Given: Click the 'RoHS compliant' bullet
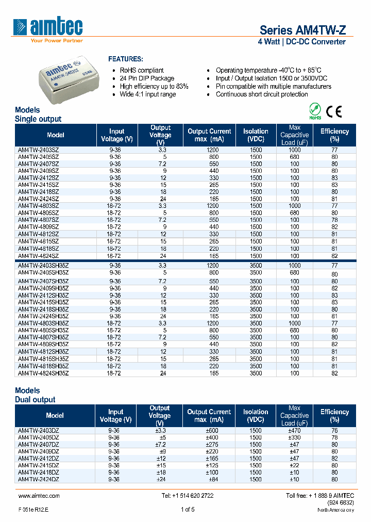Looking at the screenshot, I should pos(142,70).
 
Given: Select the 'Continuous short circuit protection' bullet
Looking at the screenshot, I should pos(262,94).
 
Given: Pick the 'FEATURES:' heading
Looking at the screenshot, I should pos(126,59).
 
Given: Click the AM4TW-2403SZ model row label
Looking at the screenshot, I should pos(39,150).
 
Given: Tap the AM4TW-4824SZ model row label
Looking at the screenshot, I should pos(39,256).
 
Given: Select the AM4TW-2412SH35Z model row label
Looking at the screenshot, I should pos(43,296).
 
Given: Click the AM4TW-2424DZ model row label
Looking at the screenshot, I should pos(39,479).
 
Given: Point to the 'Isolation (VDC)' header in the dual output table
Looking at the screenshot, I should pos(256,416).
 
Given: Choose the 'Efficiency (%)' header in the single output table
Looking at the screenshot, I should pos(334,135).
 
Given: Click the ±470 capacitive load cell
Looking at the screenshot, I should pos(294,430).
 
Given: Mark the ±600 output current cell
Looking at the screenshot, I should pos(209,430).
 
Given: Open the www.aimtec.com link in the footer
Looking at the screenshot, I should pos(39,496).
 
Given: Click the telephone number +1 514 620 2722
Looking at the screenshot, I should pos(188,496).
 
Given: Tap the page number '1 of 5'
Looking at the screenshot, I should pos(188,510).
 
